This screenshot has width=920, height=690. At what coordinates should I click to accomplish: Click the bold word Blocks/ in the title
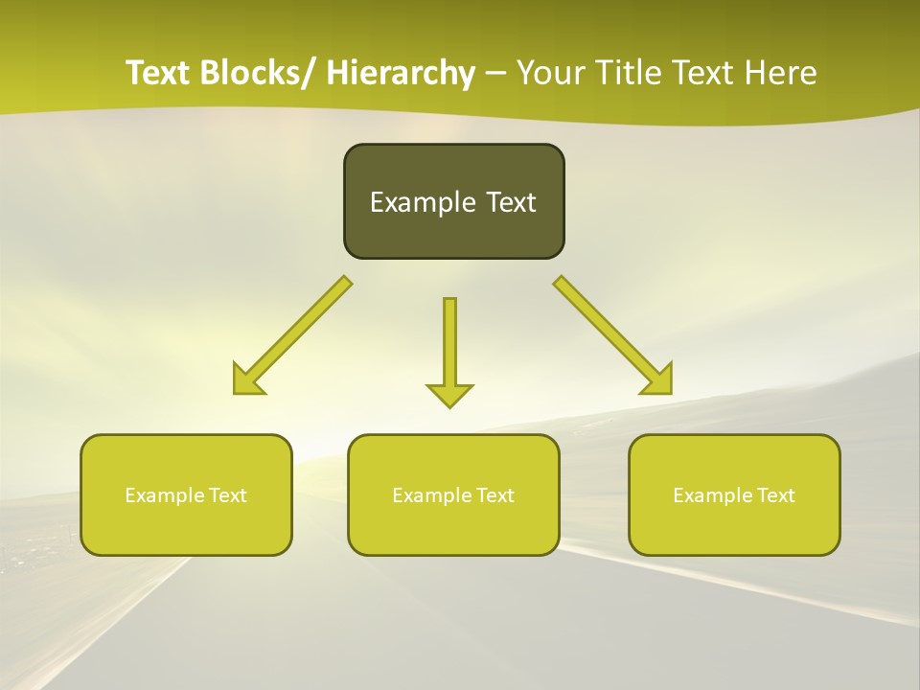254,74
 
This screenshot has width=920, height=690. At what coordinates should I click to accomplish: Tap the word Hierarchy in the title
401,74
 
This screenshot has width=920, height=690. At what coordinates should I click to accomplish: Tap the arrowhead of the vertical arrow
449,395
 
